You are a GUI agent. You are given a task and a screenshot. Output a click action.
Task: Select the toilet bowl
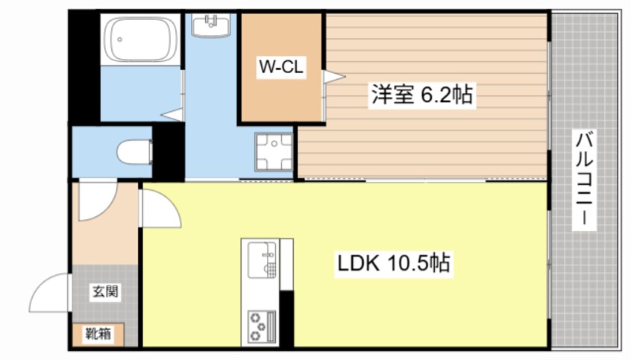point(134,151)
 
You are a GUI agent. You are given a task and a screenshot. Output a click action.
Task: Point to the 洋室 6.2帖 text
point(422,95)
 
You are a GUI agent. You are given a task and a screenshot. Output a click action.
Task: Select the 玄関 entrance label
point(104,291)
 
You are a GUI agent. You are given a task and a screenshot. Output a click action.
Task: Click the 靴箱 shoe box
point(98,334)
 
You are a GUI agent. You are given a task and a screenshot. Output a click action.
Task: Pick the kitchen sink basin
point(260,258)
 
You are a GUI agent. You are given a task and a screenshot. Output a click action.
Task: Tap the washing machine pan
point(274,152)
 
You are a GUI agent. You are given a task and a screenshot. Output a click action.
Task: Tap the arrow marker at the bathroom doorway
point(174,114)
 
